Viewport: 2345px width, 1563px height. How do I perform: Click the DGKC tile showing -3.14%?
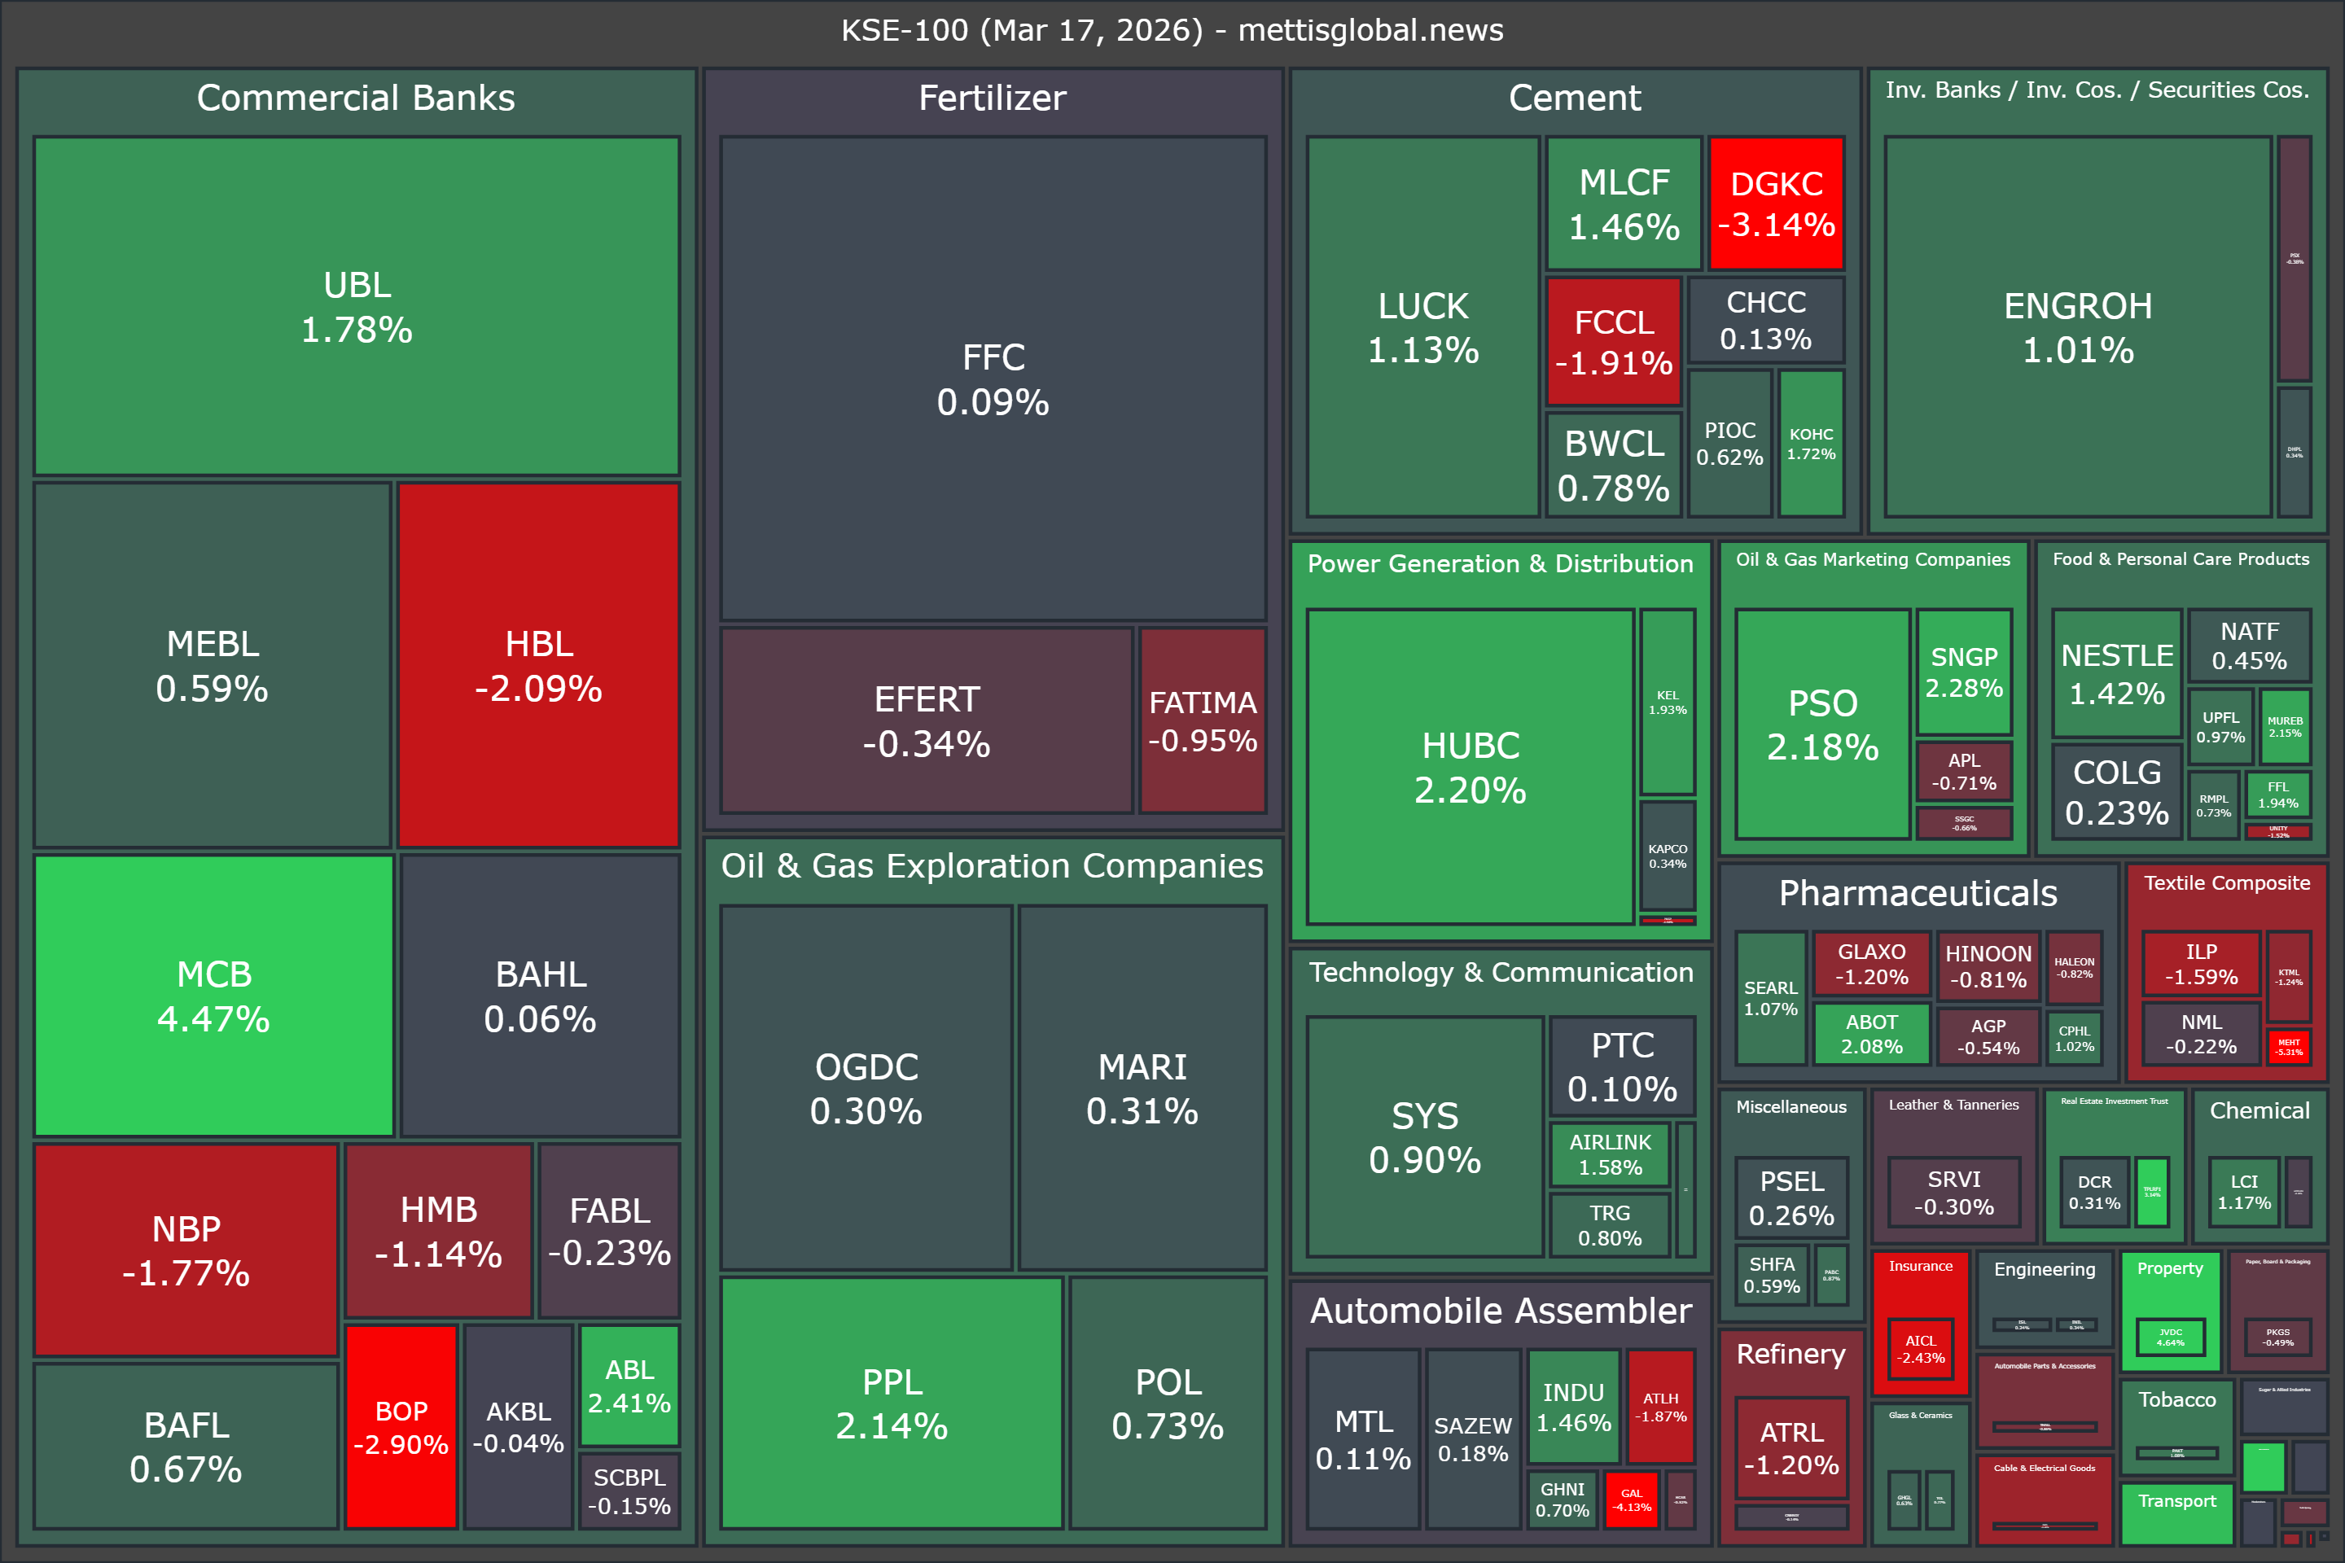click(1776, 204)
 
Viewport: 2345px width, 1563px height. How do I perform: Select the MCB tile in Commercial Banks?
click(214, 995)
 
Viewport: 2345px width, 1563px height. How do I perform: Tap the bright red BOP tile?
click(401, 1426)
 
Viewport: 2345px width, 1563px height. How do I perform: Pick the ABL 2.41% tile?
click(629, 1386)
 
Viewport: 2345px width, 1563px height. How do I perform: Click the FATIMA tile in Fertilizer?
click(1203, 720)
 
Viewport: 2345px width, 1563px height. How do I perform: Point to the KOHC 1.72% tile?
click(1811, 443)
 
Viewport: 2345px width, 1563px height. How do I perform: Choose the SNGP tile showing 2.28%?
click(1963, 671)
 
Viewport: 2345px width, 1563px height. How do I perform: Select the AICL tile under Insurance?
click(1920, 1348)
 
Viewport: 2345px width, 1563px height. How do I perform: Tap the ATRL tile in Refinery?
click(1791, 1447)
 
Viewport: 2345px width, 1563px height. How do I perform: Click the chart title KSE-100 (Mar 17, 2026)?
click(1172, 30)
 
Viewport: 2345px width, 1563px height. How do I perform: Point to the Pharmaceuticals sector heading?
click(1918, 893)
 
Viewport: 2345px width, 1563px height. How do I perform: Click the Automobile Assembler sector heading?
click(1501, 1310)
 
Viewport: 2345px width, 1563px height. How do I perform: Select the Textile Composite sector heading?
click(2226, 883)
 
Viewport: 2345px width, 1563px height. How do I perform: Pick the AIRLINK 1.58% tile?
click(1609, 1154)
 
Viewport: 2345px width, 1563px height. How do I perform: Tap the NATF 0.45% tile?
click(2249, 645)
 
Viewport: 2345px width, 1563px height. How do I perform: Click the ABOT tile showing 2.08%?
click(1870, 1034)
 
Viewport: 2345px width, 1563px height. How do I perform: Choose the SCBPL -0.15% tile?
click(629, 1491)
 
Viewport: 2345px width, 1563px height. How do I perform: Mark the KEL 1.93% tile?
click(1667, 702)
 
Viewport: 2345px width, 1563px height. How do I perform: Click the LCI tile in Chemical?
click(2243, 1191)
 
